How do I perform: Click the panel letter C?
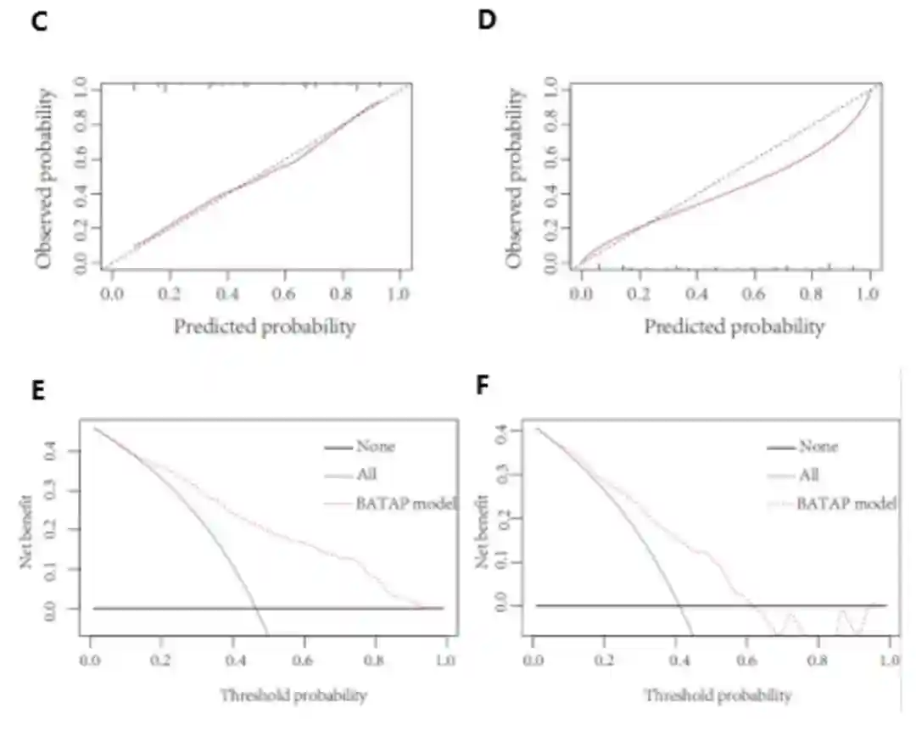click(x=38, y=22)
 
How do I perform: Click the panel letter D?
click(x=487, y=22)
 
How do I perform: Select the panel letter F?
click(x=483, y=388)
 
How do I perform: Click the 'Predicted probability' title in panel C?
click(x=264, y=326)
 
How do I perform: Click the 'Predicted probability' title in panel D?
click(x=734, y=326)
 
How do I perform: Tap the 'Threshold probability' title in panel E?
click(x=293, y=695)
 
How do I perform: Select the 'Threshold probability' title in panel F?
click(x=718, y=695)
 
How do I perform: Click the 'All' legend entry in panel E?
click(x=366, y=475)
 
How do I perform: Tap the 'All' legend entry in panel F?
click(x=808, y=476)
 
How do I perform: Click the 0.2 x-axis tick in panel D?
click(x=638, y=293)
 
